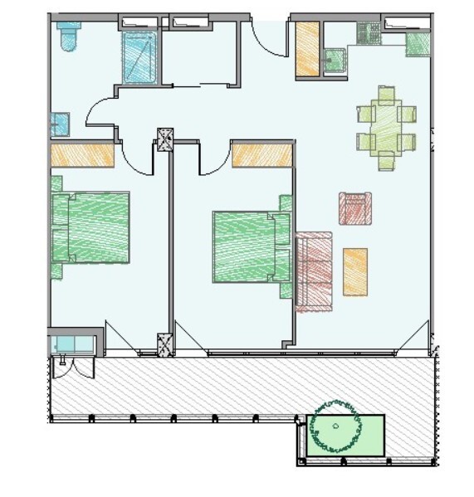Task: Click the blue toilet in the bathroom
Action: click(67, 36)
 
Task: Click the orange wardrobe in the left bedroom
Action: click(82, 155)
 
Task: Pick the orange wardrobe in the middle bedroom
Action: click(261, 154)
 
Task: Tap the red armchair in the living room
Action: click(354, 208)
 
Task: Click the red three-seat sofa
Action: click(315, 271)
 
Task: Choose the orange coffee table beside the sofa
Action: click(355, 271)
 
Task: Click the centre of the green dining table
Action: click(385, 127)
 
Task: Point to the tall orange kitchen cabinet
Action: click(308, 50)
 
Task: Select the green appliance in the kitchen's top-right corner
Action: click(417, 44)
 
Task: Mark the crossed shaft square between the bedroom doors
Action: click(164, 139)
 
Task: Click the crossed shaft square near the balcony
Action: click(164, 343)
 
